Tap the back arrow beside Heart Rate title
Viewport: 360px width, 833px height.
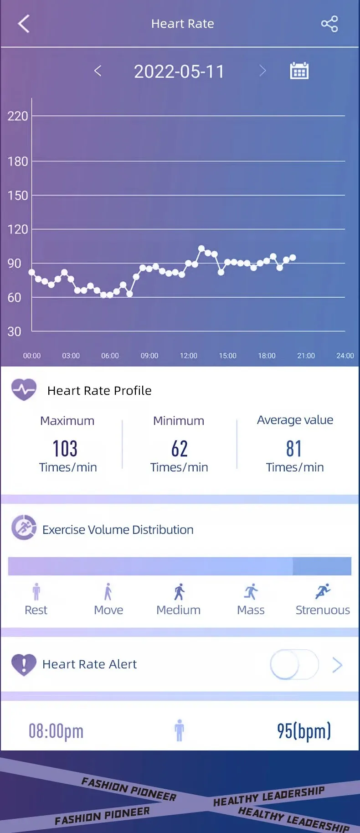24,24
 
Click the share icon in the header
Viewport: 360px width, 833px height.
329,24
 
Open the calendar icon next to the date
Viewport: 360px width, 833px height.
299,71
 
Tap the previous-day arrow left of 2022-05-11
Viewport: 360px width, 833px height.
98,71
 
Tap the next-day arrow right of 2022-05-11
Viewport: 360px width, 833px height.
262,71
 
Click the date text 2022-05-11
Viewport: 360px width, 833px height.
179,72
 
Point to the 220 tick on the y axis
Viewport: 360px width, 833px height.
17,116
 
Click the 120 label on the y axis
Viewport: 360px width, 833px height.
17,229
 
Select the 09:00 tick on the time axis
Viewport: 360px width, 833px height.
149,356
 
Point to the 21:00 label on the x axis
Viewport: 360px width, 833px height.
306,356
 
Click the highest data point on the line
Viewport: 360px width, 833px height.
201,248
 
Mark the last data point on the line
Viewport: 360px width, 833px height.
293,258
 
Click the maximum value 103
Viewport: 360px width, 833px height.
65,449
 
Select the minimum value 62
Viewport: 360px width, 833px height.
179,449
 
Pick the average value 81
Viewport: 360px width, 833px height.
294,449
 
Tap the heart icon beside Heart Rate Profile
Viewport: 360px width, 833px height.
24,390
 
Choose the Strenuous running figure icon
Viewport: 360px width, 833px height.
323,591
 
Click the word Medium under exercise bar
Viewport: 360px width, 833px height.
178,610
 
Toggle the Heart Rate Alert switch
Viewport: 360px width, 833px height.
294,665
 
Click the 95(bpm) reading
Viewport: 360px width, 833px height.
303,731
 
